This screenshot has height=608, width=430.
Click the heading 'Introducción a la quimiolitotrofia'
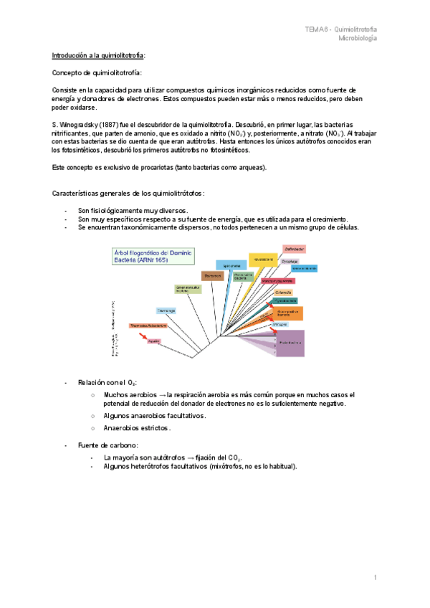click(99, 55)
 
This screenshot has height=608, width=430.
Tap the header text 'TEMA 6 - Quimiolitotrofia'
click(341, 29)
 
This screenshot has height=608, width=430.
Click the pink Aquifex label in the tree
click(153, 341)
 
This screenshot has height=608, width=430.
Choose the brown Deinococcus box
click(212, 275)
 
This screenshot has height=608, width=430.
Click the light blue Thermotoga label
click(167, 310)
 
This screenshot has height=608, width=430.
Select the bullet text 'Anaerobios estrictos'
click(137, 428)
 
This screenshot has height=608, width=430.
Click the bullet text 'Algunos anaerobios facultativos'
click(155, 416)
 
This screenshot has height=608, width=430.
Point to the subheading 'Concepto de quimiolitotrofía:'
click(97, 73)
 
